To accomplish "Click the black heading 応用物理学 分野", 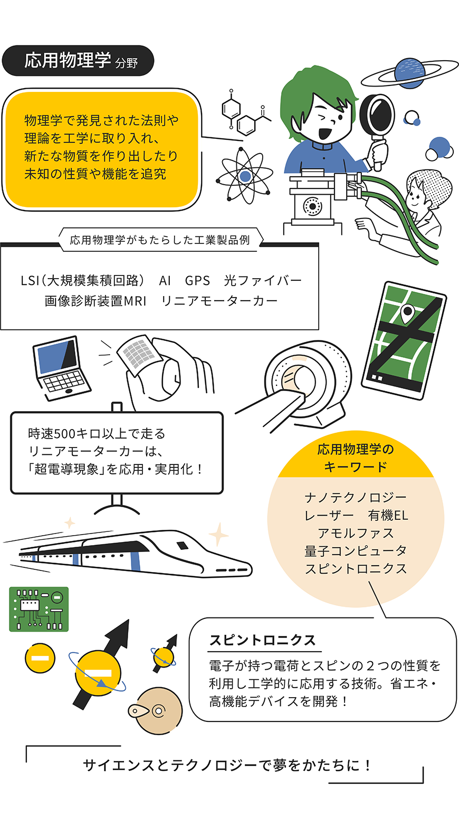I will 78,61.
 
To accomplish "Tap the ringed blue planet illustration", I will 410,73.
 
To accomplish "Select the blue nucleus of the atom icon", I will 244,176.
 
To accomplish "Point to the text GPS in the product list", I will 197,281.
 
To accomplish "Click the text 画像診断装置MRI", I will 95,301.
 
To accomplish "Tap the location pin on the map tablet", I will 407,315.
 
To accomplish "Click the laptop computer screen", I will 56,356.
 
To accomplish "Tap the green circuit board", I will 39,609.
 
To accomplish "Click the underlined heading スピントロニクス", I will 263,640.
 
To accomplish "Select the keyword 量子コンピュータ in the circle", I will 355,551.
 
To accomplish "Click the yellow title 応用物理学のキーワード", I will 355,458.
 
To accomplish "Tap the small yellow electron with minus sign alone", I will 40,658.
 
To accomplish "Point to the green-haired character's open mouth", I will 324,133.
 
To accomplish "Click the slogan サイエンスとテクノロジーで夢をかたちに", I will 227,765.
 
